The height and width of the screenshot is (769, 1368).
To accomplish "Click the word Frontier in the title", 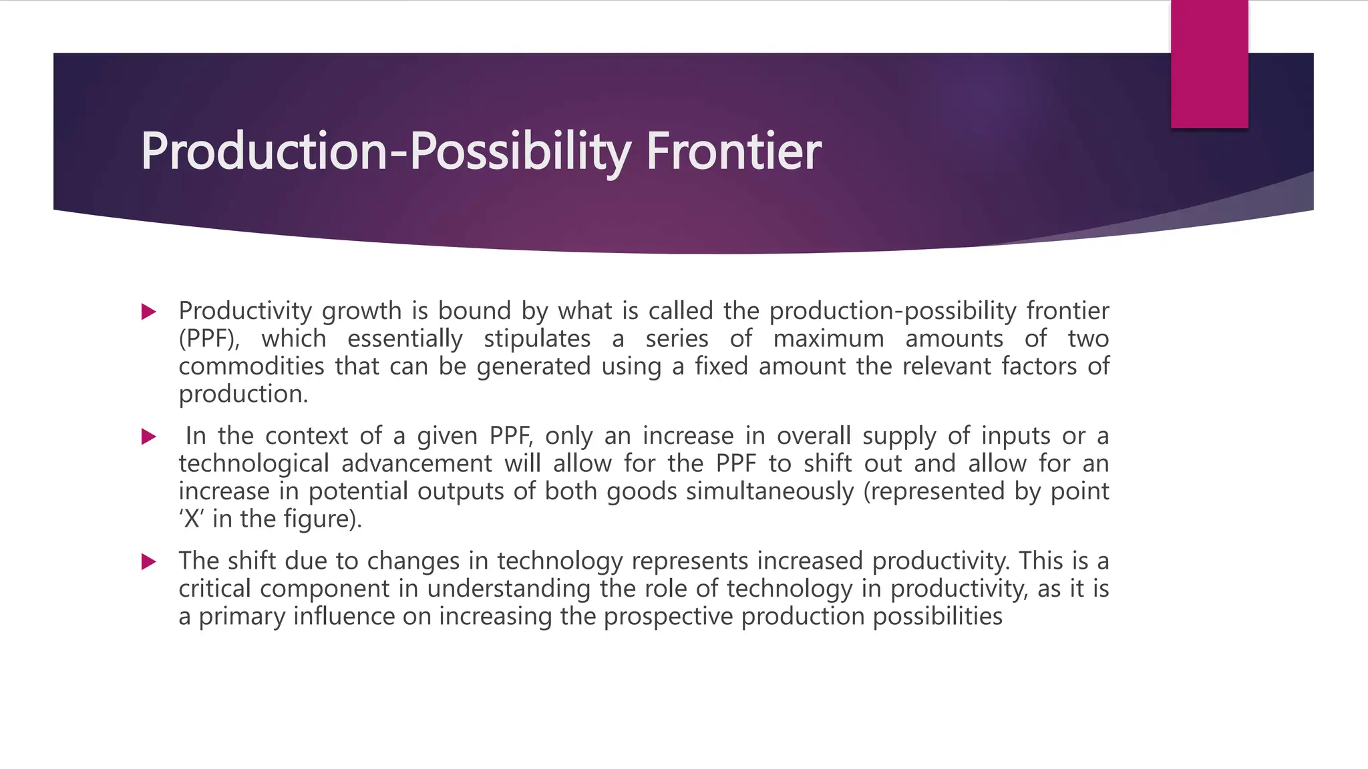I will point(733,152).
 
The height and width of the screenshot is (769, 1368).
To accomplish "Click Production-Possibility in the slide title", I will point(385,152).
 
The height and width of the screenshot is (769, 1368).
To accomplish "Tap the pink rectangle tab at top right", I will point(1209,64).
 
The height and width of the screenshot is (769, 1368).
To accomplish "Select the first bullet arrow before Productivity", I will point(149,312).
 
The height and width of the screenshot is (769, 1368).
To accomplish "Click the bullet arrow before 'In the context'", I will point(149,437).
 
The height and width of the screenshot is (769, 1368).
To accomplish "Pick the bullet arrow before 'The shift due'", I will point(149,562).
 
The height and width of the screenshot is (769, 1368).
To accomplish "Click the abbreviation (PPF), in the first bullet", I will point(208,339).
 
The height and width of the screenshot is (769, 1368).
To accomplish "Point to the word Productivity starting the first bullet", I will point(245,311).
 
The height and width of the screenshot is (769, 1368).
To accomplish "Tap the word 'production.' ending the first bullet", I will point(243,395).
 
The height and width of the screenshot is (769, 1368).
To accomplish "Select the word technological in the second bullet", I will point(254,463).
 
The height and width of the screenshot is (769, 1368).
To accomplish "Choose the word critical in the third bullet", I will point(214,589).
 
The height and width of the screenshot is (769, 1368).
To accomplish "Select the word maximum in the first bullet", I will point(828,339).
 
